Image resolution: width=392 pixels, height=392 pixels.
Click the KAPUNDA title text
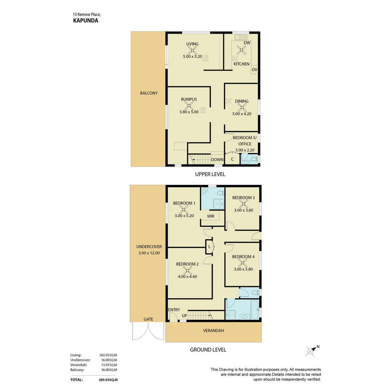click(86, 21)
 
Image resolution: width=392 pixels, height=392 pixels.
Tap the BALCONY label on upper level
click(149, 93)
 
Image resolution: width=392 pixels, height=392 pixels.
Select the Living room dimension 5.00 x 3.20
click(192, 57)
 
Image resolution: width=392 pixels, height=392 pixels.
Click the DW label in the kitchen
click(247, 43)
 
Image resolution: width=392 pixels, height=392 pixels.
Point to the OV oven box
click(254, 70)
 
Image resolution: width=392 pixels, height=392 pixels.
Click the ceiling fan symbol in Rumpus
click(189, 106)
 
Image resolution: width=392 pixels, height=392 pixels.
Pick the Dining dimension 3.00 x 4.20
click(241, 114)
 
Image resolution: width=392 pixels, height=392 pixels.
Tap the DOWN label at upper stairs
click(217, 160)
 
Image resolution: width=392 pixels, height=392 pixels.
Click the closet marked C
click(232, 159)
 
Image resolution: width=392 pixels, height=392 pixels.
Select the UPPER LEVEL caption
click(210, 174)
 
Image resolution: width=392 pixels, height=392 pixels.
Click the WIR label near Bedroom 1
click(211, 216)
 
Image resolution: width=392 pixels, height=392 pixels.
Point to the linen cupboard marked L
click(209, 247)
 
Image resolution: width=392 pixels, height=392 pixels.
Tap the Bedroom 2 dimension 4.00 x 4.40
click(187, 277)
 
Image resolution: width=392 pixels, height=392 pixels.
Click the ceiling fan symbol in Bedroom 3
click(243, 204)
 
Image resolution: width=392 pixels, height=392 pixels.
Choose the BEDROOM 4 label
click(243, 257)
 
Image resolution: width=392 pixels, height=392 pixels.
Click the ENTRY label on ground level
click(174, 310)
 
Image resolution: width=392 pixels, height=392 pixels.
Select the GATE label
click(148, 319)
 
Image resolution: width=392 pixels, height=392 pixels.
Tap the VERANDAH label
click(213, 331)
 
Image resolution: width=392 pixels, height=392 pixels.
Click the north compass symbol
click(311, 350)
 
